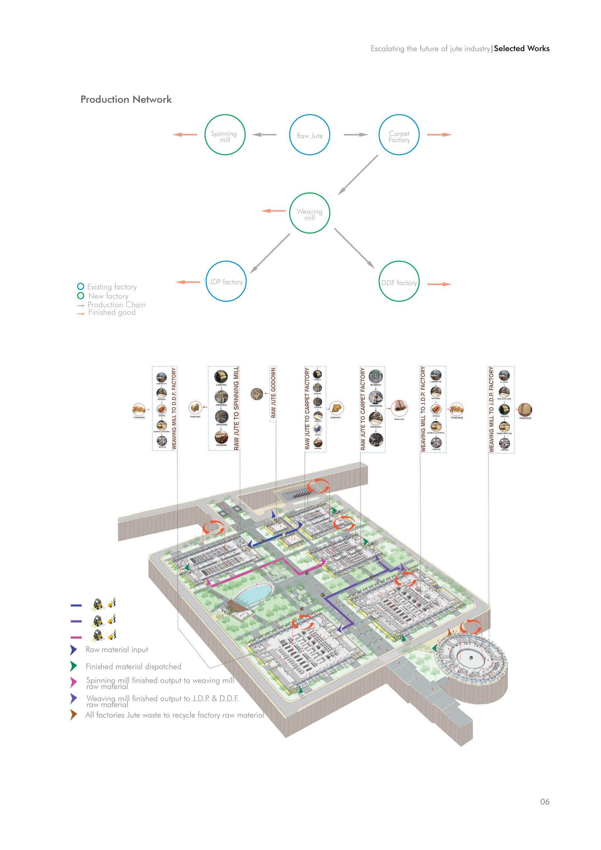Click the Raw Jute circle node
(309, 135)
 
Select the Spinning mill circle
(225, 135)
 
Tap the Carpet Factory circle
(399, 135)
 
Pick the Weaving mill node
(309, 213)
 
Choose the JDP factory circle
(226, 281)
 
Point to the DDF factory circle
(399, 282)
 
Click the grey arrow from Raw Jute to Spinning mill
(264, 135)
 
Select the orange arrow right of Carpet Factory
(439, 135)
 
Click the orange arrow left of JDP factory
(188, 282)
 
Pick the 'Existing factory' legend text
(112, 286)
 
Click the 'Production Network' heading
(126, 99)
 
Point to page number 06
(545, 801)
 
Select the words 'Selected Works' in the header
(521, 49)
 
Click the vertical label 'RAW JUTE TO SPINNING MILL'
(236, 408)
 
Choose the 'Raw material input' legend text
(117, 649)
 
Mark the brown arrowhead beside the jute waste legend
(74, 715)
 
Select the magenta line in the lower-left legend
(76, 637)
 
